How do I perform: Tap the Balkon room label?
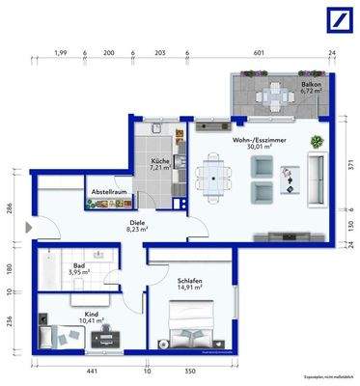click(x=311, y=89)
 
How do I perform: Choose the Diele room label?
click(x=138, y=226)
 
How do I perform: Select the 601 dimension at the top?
click(x=259, y=54)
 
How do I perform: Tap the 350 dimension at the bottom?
click(x=191, y=370)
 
